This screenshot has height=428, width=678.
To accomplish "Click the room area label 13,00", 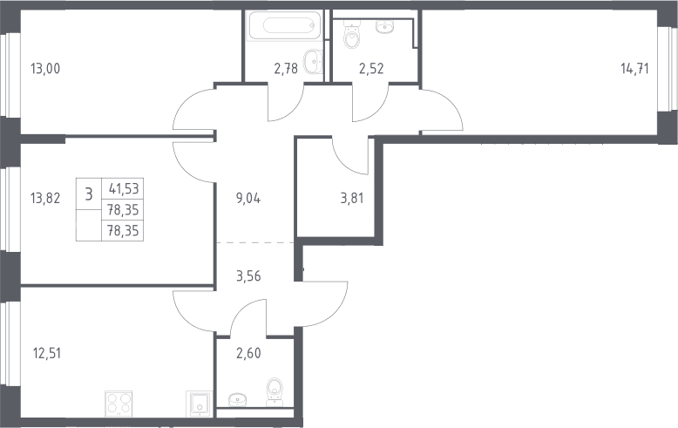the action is click(x=45, y=68).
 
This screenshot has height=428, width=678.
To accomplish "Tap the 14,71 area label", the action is click(x=634, y=68).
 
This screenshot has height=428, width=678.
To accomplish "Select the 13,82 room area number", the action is click(x=45, y=199).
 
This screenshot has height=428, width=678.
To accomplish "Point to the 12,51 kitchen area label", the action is click(x=47, y=353).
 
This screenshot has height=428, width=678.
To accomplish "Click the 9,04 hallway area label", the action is click(x=248, y=199).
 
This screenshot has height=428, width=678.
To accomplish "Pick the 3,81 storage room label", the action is click(x=352, y=199).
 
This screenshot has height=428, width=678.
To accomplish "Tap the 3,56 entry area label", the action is click(x=248, y=275).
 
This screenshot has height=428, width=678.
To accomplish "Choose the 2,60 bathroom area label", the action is click(x=248, y=353).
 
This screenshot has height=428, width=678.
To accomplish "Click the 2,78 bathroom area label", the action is click(x=286, y=68).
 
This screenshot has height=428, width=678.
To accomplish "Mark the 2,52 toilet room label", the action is click(x=371, y=68).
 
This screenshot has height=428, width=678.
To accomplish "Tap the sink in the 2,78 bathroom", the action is click(x=313, y=61).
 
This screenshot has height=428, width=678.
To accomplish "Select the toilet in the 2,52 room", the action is click(x=351, y=36).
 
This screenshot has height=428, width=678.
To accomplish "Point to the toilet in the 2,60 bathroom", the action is click(x=275, y=392).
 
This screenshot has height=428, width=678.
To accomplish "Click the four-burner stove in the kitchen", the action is click(x=119, y=404).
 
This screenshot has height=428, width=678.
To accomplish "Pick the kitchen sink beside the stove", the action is click(x=199, y=404).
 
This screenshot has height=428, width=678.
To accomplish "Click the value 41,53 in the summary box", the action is click(x=124, y=188).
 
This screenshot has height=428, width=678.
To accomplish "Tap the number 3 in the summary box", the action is click(x=89, y=194).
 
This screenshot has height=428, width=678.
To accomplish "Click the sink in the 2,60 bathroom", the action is click(x=237, y=399).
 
